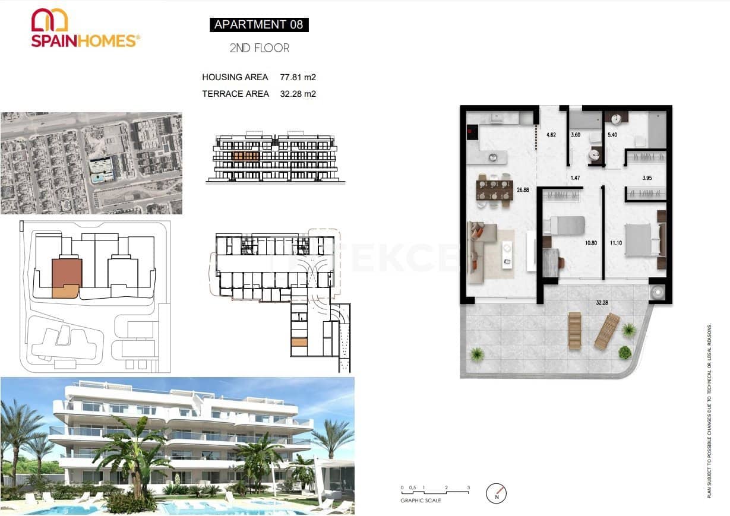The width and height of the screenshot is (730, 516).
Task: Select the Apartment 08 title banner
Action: coord(258,24)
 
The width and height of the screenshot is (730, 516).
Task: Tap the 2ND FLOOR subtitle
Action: coord(259,48)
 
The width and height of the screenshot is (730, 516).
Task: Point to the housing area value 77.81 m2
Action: coord(298,77)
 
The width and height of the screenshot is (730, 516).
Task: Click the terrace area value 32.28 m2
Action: coord(298,93)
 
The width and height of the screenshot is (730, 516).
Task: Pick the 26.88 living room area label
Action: coord(523,191)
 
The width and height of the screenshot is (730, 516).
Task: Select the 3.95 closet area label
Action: coord(647,178)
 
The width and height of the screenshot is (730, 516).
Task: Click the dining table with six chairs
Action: coord(494,190)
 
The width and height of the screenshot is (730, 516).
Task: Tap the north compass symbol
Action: coord(496,493)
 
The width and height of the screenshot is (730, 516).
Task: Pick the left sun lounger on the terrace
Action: coord(574,330)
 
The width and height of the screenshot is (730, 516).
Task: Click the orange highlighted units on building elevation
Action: coord(246,156)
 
